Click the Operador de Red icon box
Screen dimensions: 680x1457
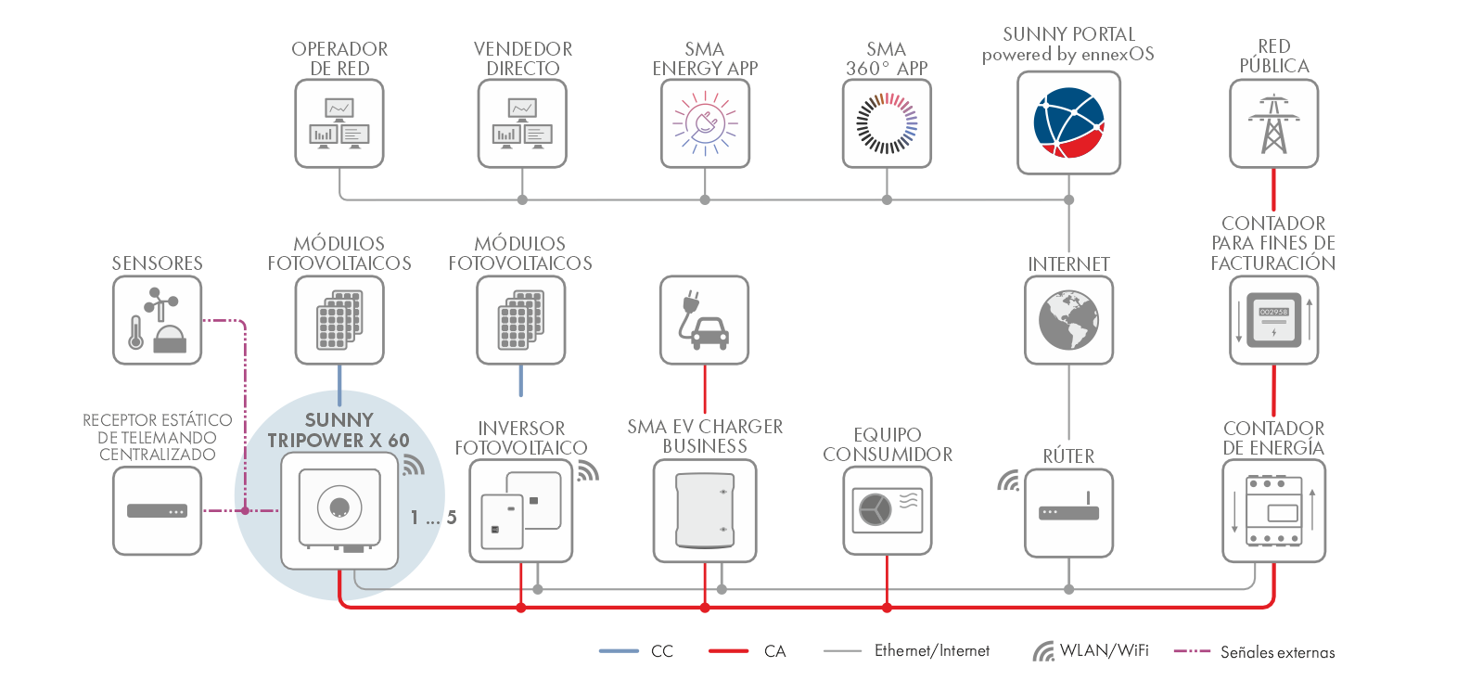(339, 123)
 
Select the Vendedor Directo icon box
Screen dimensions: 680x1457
(522, 123)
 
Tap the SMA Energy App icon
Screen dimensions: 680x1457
(705, 123)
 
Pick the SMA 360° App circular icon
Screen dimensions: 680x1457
(887, 123)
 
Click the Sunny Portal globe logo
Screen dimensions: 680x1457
(1068, 122)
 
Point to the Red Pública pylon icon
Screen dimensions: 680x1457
(1273, 123)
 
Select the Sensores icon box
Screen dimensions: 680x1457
(157, 320)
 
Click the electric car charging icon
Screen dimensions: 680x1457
(704, 320)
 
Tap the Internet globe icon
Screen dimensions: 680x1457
(1068, 320)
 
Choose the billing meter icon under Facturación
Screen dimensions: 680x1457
(1273, 320)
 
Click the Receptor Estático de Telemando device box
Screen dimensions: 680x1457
(157, 511)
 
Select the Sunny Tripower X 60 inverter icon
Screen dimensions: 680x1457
(339, 509)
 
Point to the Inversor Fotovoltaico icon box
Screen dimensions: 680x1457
(520, 511)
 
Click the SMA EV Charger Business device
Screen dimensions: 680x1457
(705, 511)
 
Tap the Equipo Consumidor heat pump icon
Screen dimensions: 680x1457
(888, 511)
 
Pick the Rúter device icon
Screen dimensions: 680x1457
(1068, 512)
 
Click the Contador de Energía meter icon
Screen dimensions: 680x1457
(1273, 511)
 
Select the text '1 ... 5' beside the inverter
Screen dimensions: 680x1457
(433, 518)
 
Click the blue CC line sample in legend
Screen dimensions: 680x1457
(619, 651)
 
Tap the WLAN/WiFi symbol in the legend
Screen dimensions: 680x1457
(1043, 651)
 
